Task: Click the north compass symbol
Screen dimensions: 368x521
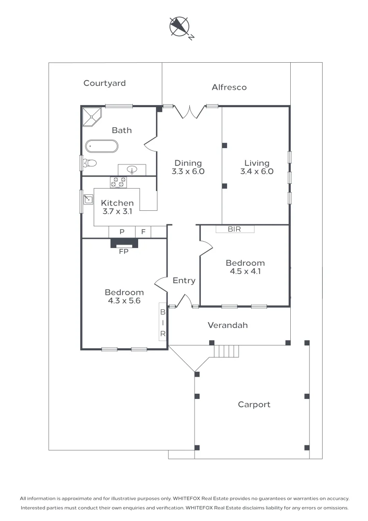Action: [181, 27]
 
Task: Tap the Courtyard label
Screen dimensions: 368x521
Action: [104, 83]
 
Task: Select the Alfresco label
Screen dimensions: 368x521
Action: [229, 87]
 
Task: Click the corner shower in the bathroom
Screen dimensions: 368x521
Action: [92, 117]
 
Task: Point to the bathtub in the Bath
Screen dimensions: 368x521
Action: [101, 146]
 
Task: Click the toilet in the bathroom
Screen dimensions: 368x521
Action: [89, 163]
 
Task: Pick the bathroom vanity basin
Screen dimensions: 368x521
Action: [132, 170]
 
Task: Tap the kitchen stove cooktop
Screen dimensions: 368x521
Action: [118, 182]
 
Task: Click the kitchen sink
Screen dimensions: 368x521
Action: [88, 199]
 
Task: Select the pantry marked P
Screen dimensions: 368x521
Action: [122, 232]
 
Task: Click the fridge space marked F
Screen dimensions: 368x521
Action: [143, 232]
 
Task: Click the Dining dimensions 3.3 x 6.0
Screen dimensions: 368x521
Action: [188, 171]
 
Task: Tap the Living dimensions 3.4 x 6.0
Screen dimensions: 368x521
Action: [257, 171]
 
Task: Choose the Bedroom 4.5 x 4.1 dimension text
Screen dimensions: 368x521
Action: [245, 272]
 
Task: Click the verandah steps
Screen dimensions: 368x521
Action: [226, 351]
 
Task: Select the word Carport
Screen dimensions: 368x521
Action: [254, 405]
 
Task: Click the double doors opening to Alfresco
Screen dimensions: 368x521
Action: [190, 112]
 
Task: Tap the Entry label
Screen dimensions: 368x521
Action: [184, 281]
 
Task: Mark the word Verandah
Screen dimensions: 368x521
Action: [227, 325]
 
